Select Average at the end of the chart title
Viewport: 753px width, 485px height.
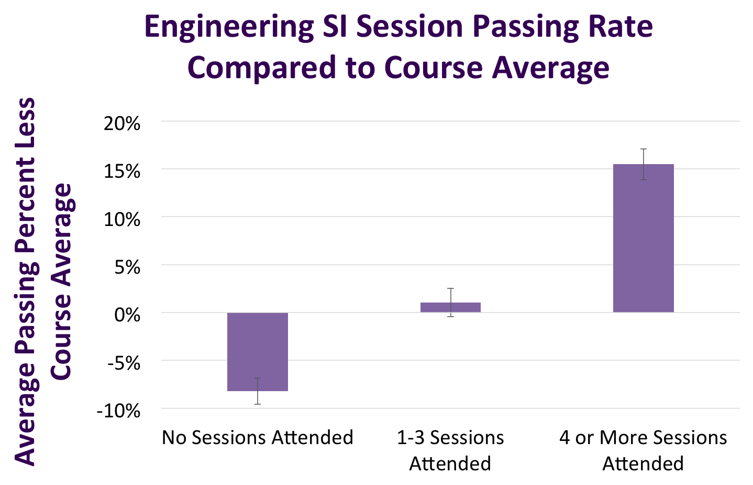click(550, 69)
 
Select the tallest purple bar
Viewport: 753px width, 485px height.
click(644, 239)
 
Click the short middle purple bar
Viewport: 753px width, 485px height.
click(450, 308)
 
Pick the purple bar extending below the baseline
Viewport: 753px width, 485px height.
click(258, 351)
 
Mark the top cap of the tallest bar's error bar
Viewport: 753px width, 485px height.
click(644, 149)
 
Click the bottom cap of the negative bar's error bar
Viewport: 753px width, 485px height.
click(258, 404)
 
